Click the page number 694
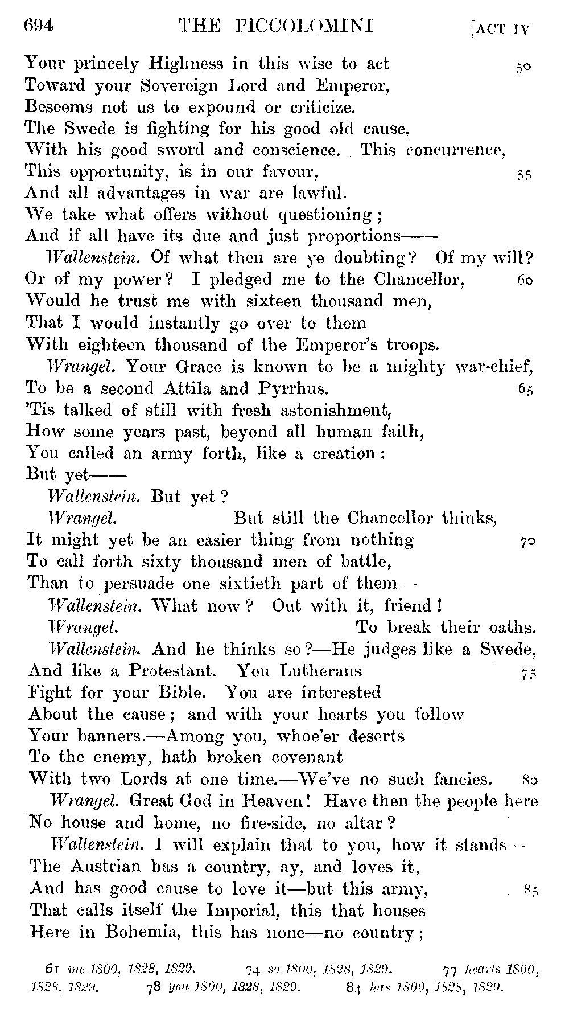pyautogui.click(x=39, y=26)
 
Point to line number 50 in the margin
pyautogui.click(x=523, y=67)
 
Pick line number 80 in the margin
pyautogui.click(x=529, y=780)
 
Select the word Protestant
pyautogui.click(x=172, y=671)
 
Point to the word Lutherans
pyautogui.click(x=321, y=671)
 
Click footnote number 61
pyautogui.click(x=53, y=968)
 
